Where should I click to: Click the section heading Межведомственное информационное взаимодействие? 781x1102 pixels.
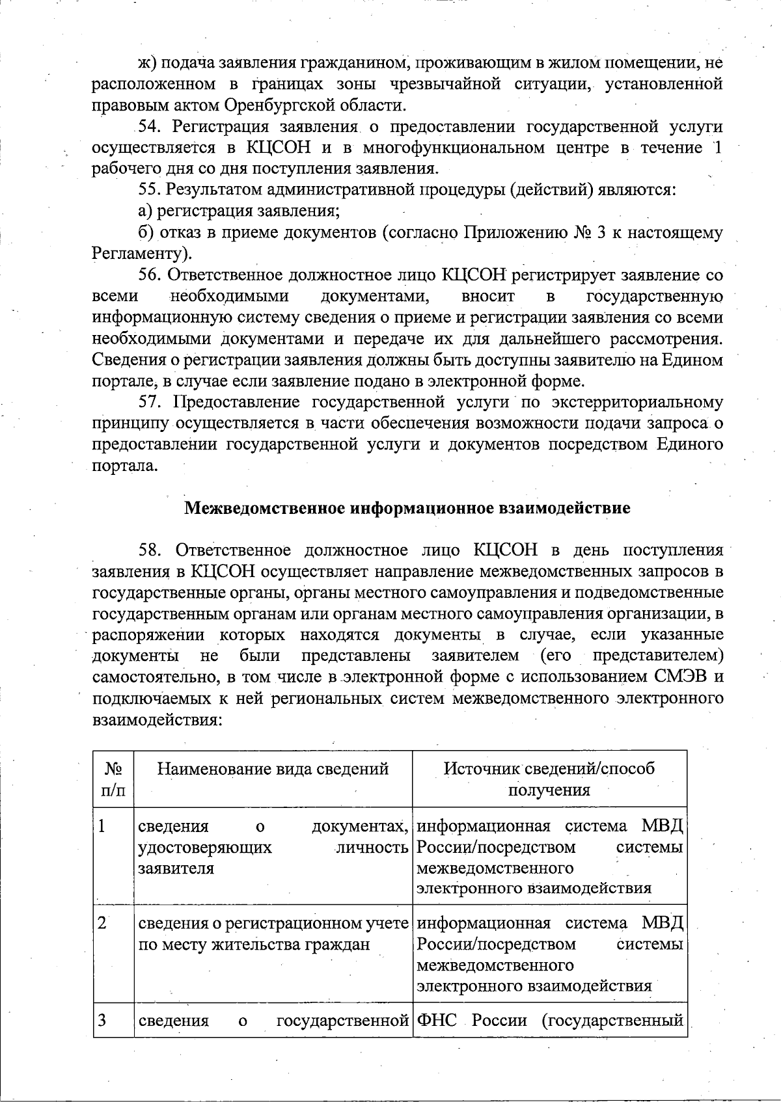click(x=407, y=508)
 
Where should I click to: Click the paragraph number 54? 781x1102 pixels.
click(x=150, y=127)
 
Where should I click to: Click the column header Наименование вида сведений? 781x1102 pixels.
click(x=273, y=770)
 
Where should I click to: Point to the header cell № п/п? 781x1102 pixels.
click(x=113, y=779)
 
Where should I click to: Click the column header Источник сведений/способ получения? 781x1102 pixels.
click(x=549, y=779)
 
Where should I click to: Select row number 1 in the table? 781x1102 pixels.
click(x=103, y=827)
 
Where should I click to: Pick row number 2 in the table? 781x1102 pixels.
click(x=103, y=923)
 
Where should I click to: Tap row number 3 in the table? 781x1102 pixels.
click(x=103, y=1019)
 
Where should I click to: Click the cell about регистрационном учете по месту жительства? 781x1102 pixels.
click(x=273, y=934)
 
